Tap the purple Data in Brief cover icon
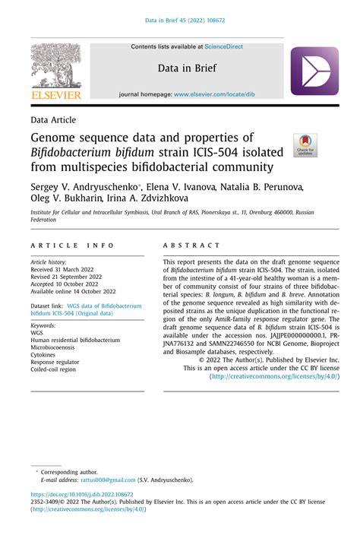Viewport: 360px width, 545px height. (x=314, y=71)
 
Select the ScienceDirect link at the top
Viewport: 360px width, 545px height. (x=219, y=46)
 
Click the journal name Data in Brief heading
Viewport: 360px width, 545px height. (x=187, y=68)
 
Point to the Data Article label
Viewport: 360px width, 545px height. (x=56, y=120)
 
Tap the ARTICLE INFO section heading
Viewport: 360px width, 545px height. (x=73, y=246)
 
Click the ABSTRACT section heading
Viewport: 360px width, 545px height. (x=191, y=246)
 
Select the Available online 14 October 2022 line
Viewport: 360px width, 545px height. (x=74, y=290)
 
